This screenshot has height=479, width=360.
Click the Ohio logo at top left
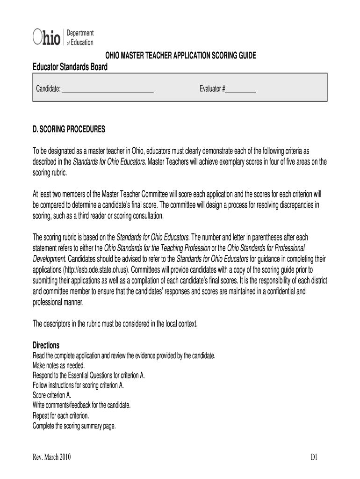(47, 37)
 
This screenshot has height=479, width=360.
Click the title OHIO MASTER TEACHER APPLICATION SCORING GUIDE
(180, 56)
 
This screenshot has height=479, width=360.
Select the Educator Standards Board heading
(70, 67)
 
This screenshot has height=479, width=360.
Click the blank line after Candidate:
(108, 89)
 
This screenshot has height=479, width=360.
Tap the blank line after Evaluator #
(241, 89)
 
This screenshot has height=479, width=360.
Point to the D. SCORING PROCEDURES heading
(69, 129)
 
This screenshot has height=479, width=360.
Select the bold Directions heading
(46, 345)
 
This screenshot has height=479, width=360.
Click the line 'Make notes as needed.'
(59, 365)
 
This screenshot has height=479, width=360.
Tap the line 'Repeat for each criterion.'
(61, 415)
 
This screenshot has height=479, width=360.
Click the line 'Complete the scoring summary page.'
(74, 426)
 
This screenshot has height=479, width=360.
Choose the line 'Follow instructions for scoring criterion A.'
(78, 385)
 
